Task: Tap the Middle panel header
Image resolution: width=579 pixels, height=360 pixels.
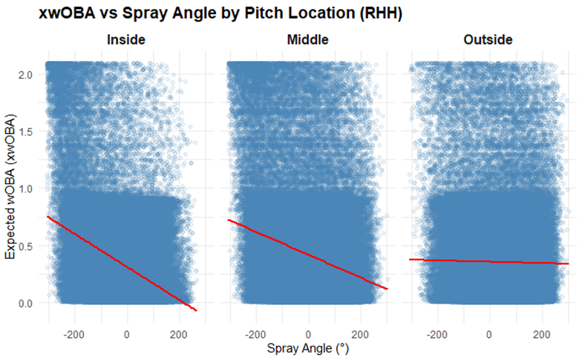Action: click(x=307, y=40)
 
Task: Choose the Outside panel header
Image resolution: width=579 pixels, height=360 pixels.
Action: click(x=489, y=40)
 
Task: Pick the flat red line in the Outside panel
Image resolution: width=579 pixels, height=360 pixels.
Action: click(x=489, y=261)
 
